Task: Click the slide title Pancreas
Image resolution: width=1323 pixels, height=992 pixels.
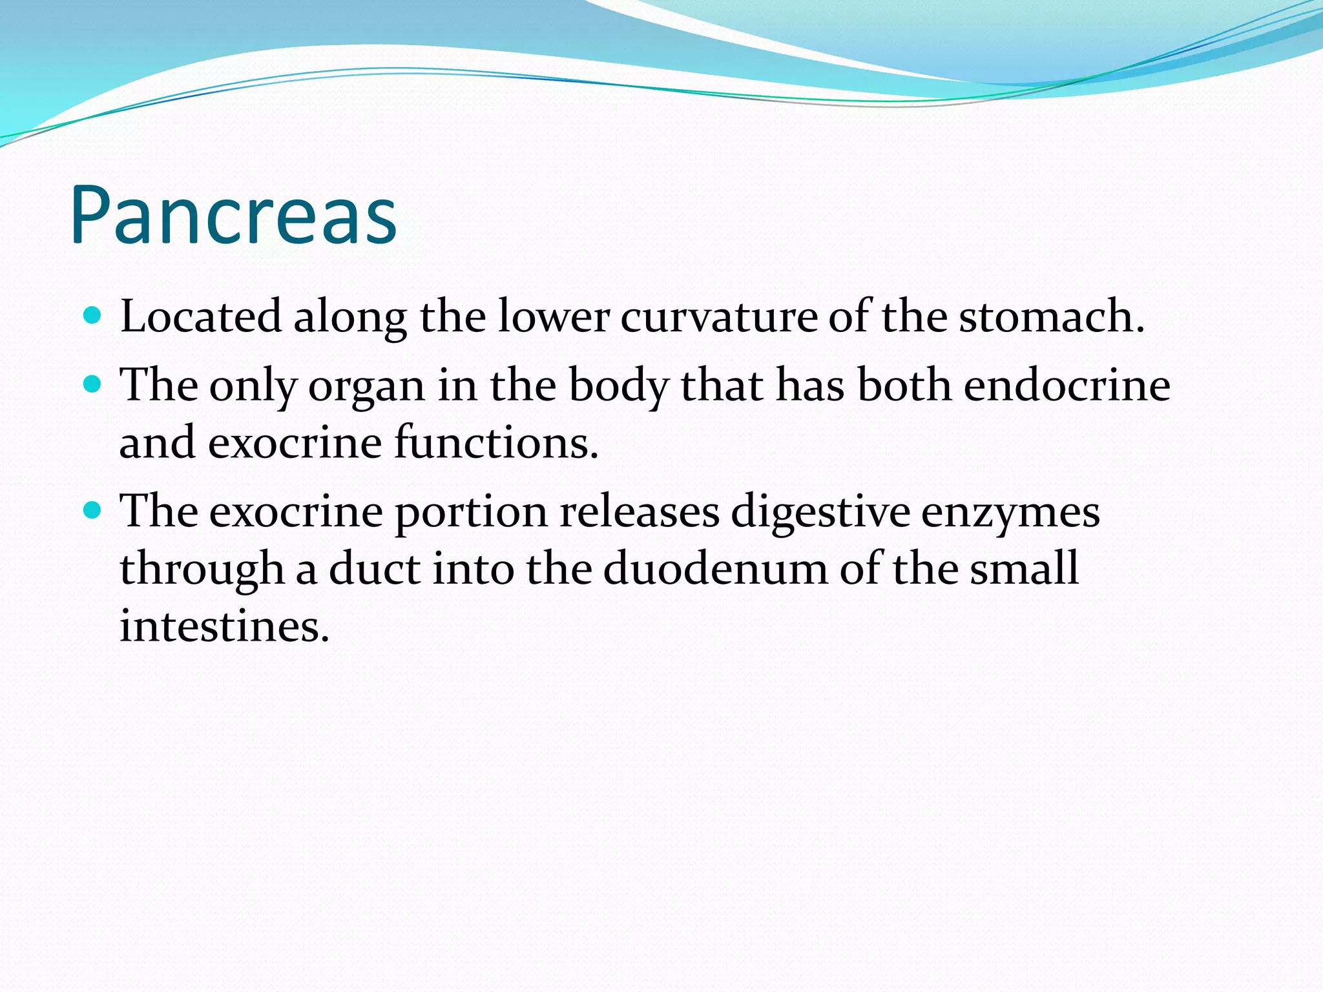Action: click(233, 215)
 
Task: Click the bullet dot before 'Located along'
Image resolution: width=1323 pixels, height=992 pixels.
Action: click(93, 315)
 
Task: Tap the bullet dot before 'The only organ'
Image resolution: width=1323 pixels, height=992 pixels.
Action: click(93, 384)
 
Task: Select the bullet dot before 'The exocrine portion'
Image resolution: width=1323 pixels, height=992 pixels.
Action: click(93, 511)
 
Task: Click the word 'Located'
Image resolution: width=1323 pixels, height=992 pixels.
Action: click(201, 316)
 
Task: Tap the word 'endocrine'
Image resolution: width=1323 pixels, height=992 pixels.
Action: click(1067, 386)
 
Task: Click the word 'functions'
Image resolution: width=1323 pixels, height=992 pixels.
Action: click(495, 443)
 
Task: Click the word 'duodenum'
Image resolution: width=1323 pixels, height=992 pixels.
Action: click(715, 569)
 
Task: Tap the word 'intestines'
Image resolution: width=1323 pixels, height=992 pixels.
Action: click(224, 626)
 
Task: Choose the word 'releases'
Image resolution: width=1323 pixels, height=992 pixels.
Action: click(640, 512)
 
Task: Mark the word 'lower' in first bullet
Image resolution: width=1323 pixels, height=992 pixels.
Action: click(553, 316)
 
